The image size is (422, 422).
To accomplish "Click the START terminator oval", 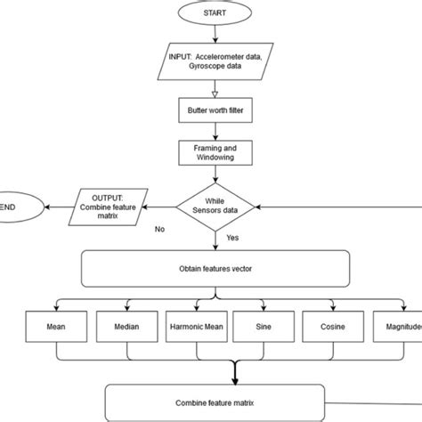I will [x=214, y=13].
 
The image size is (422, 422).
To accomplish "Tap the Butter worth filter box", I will [x=214, y=111].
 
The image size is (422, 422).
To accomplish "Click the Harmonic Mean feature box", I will [x=197, y=329].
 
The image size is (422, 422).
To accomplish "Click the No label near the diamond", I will [x=160, y=229].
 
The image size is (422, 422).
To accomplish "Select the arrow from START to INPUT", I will [x=214, y=34].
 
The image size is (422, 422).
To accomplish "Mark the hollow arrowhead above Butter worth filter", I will [x=214, y=92].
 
